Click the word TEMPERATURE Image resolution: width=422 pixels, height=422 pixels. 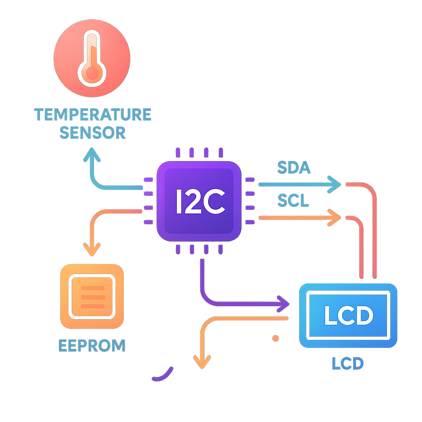[93, 115]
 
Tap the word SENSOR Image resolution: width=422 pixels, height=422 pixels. [93, 133]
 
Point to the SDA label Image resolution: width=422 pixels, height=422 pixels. [293, 168]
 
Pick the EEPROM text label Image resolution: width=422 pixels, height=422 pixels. [92, 345]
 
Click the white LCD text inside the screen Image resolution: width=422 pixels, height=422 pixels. [348, 315]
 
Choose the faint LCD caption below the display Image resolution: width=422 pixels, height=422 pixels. [348, 363]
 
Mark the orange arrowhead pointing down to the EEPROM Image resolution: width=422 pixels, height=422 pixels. [91, 250]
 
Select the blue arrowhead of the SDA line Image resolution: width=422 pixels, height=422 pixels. [335, 185]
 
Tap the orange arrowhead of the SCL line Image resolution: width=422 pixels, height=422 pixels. [335, 217]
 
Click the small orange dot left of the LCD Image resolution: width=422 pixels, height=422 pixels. [276, 338]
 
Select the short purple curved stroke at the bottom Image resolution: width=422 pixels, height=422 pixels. [162, 374]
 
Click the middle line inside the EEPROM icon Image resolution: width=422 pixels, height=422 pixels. [92, 297]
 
